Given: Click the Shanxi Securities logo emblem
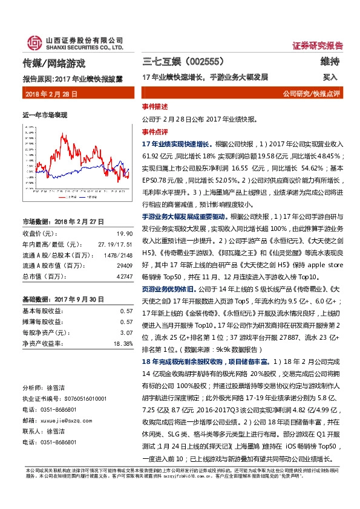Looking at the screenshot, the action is click(33, 43).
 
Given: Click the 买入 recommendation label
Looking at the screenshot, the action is click(330, 77).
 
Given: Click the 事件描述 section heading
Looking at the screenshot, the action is click(155, 106).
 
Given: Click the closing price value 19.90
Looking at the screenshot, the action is click(125, 233).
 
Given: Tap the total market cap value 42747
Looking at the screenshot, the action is click(125, 276).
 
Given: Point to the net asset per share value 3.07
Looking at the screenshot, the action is click(126, 332).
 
